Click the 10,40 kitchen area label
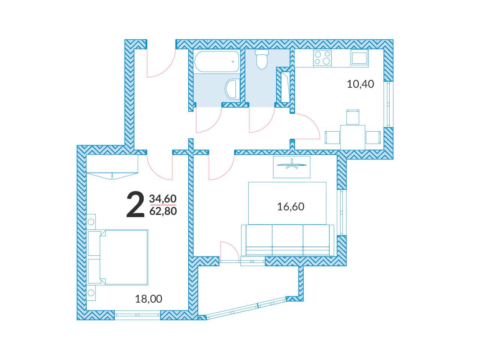(x=360, y=84)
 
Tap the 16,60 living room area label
(x=291, y=207)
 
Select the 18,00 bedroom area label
(x=148, y=299)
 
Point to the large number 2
(x=135, y=204)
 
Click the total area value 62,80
(x=163, y=211)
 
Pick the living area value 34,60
(x=163, y=199)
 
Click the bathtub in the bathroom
(x=216, y=61)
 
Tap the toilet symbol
(x=262, y=59)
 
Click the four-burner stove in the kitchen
(x=322, y=58)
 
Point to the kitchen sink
(x=359, y=57)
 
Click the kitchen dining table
(x=352, y=137)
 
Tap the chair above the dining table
(x=353, y=117)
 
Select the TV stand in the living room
(x=292, y=167)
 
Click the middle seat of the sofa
(x=288, y=240)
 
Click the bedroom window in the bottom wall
(x=138, y=315)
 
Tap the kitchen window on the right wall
(x=388, y=104)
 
